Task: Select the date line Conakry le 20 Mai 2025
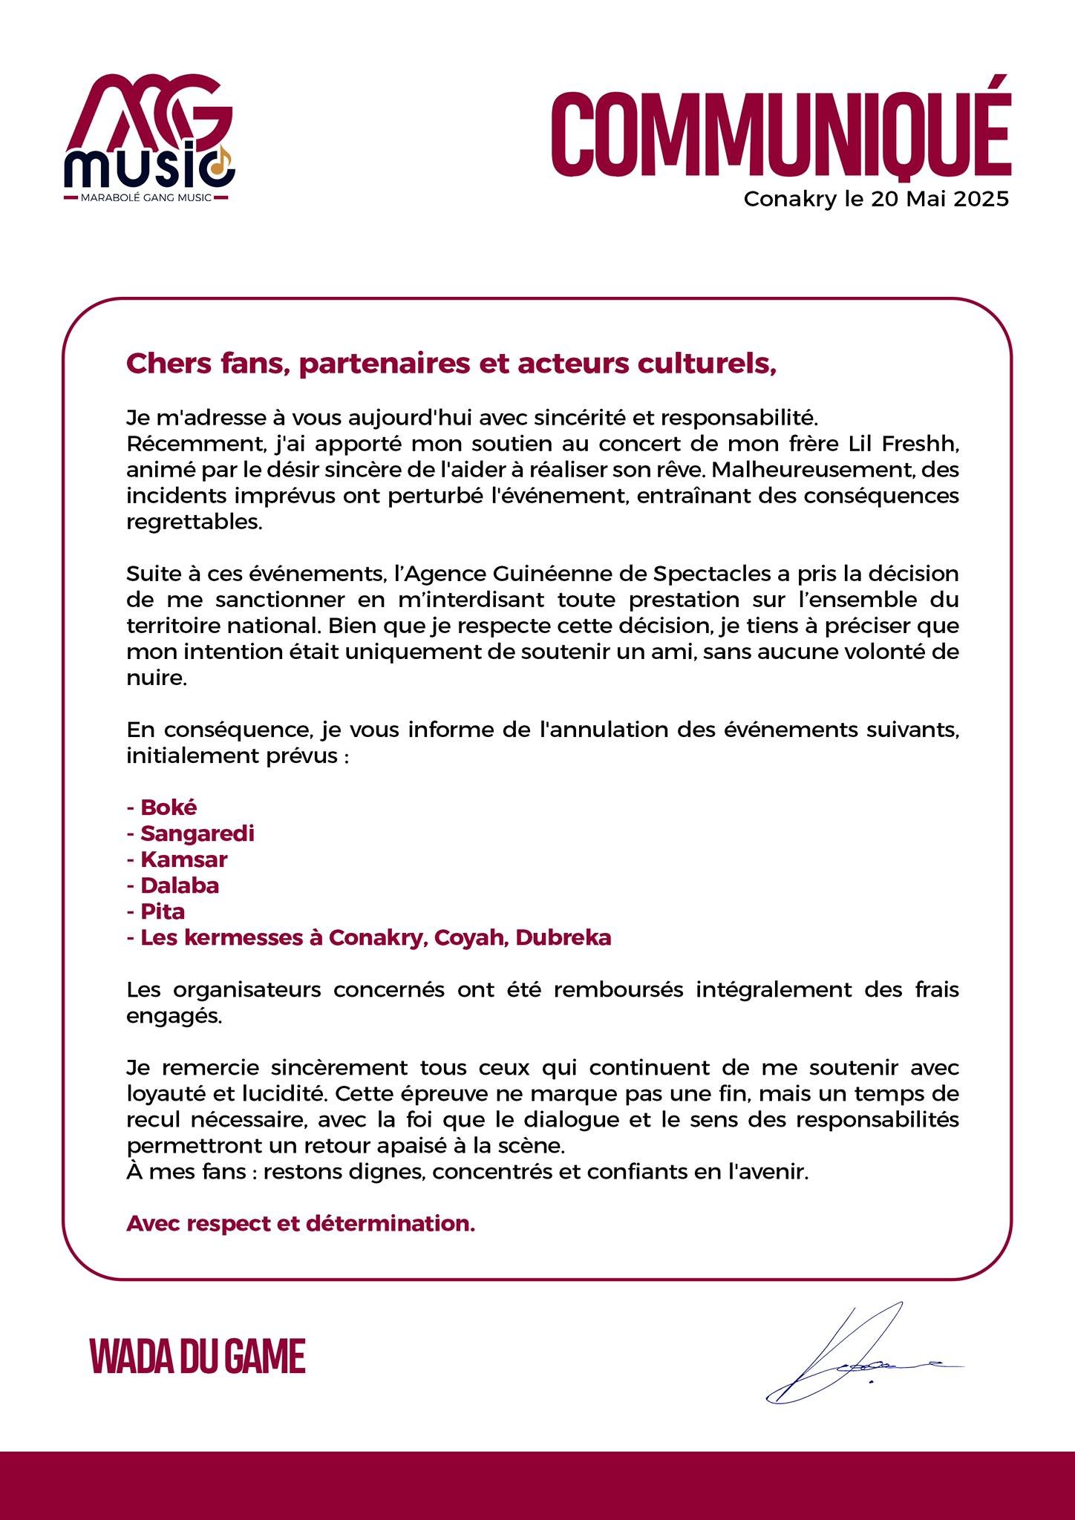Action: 876,200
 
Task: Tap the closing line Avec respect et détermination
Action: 301,1223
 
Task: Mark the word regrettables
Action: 195,522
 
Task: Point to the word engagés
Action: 174,1016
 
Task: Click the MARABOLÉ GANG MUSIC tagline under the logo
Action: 146,197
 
